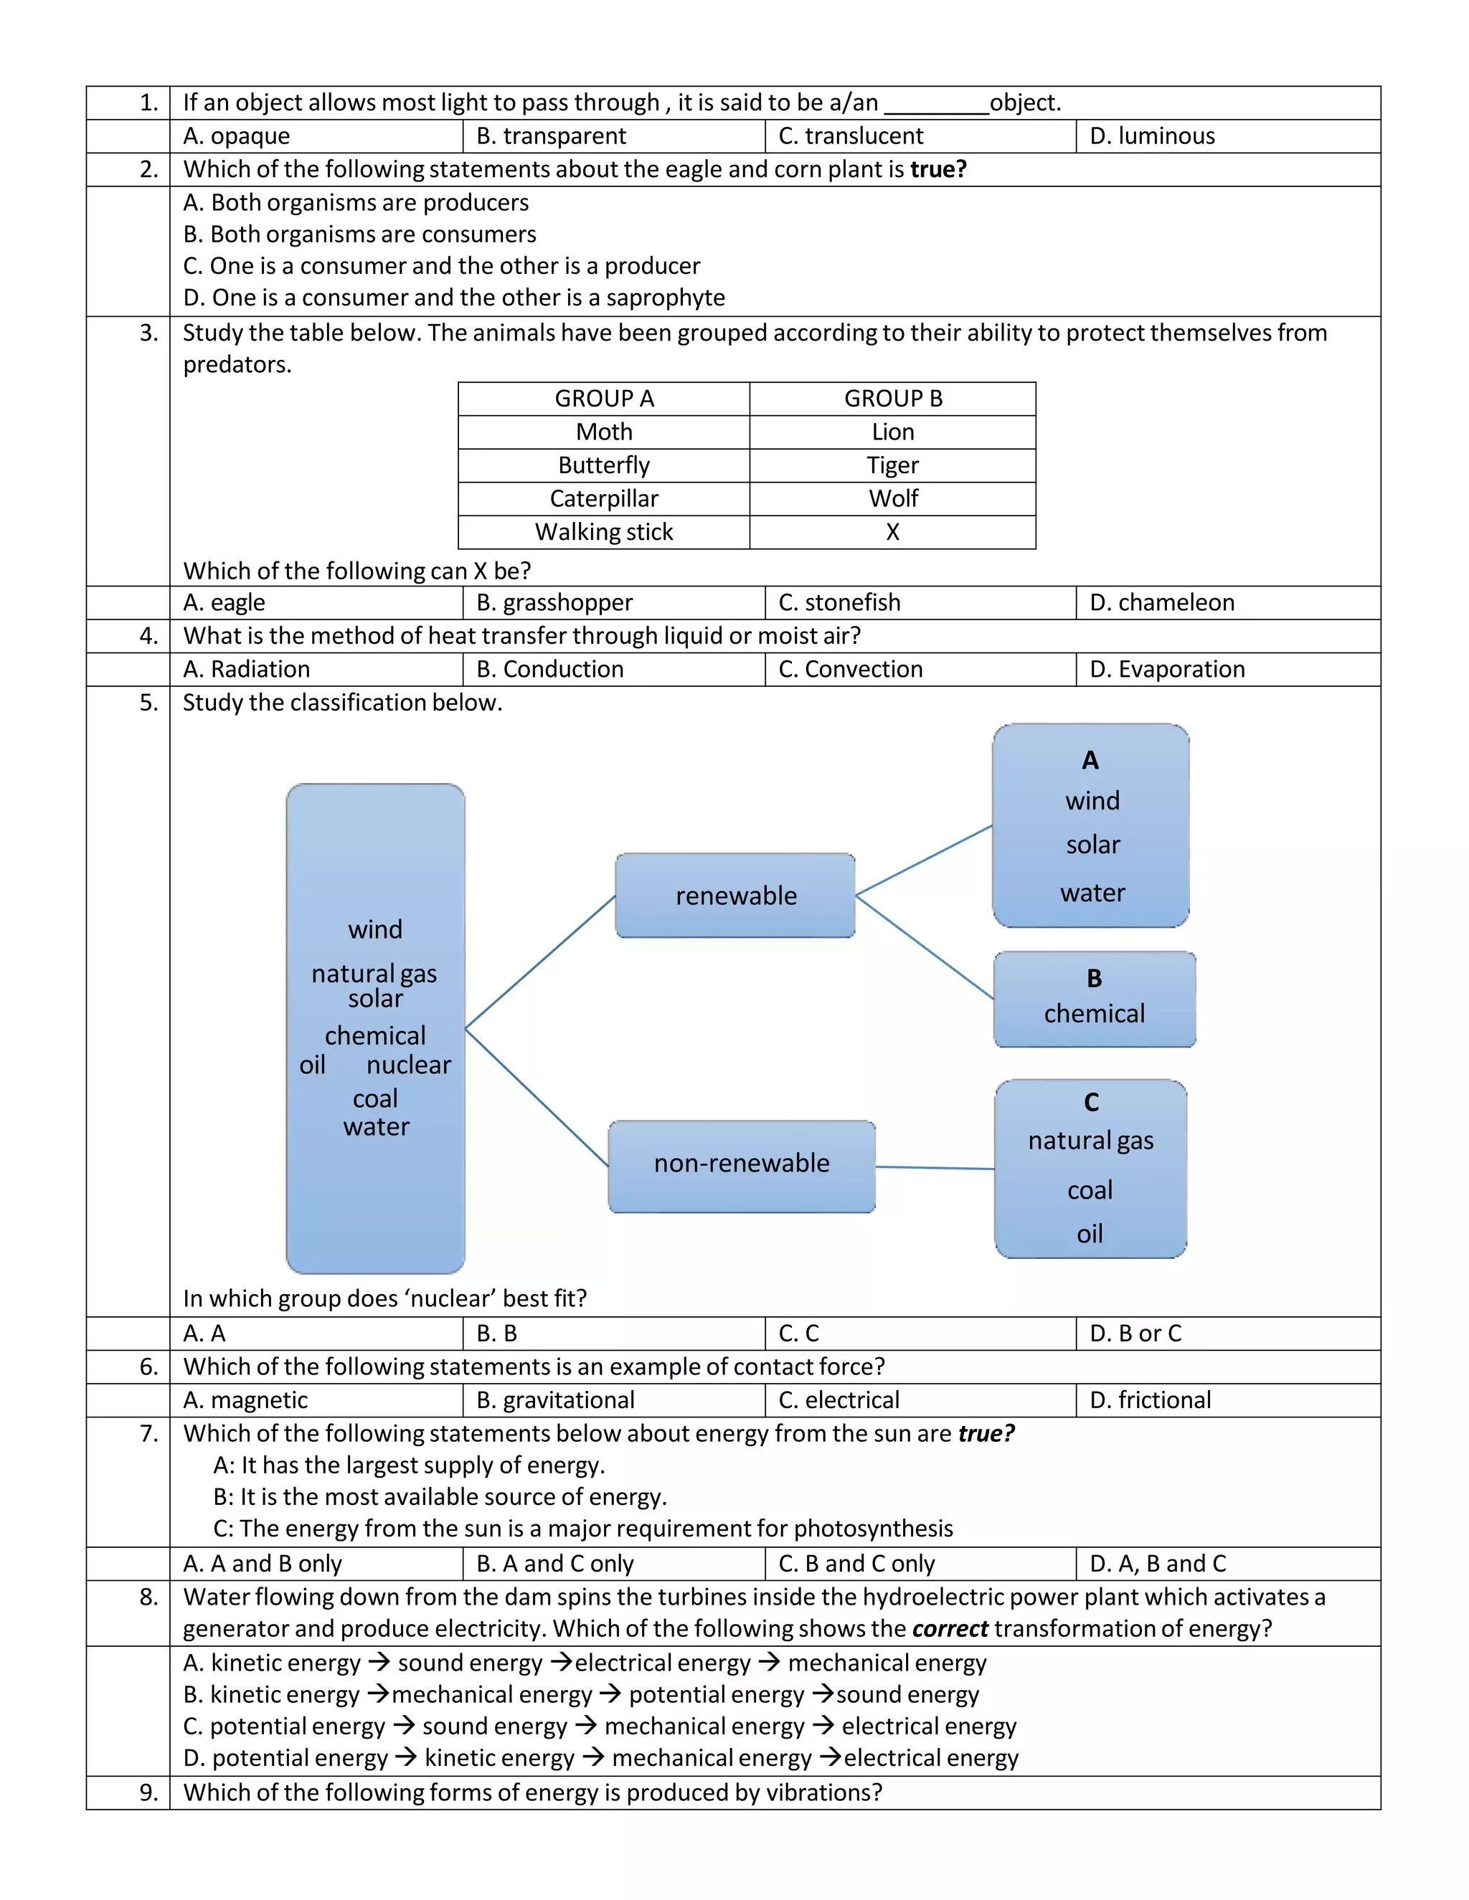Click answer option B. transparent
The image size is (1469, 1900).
(x=551, y=136)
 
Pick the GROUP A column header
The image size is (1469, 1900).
(x=603, y=399)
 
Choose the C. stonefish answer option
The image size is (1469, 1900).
(x=839, y=603)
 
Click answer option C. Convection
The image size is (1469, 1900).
(x=850, y=669)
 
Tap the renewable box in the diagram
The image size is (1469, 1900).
(x=735, y=896)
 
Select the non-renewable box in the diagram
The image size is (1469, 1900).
(x=742, y=1163)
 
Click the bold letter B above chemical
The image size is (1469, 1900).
(x=1094, y=979)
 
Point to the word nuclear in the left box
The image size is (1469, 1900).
(x=408, y=1065)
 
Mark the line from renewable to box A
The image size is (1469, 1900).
(x=924, y=860)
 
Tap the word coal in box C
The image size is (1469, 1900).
(x=1090, y=1190)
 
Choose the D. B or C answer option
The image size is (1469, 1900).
(x=1135, y=1334)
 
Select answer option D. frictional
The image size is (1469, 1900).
(x=1150, y=1400)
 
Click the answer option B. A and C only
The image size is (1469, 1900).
(x=554, y=1563)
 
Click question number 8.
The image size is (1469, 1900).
(x=148, y=1597)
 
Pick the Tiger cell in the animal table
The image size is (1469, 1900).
(x=892, y=465)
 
